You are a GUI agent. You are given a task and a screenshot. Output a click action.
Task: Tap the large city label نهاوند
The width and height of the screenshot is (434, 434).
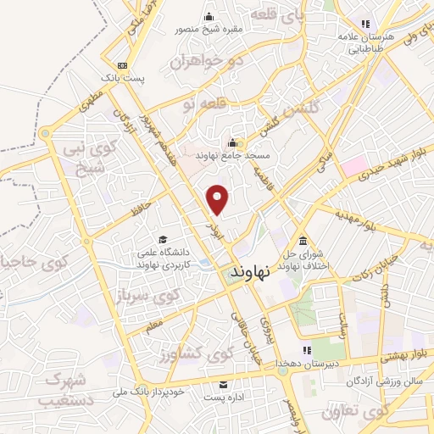pos(250,271)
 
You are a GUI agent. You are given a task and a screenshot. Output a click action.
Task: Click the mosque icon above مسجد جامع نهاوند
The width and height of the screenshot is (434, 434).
pos(232,142)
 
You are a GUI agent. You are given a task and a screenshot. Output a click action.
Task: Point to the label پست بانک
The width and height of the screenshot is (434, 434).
pos(124,77)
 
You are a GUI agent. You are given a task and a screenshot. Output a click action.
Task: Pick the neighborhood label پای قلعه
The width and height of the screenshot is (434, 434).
pos(279,16)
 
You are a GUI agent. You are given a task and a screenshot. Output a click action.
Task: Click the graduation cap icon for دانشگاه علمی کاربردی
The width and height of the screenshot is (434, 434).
pos(162,238)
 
